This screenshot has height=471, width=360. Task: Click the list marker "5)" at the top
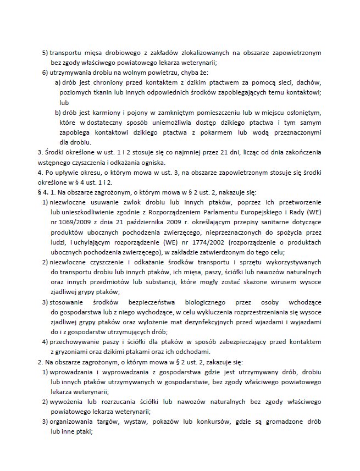point(45,53)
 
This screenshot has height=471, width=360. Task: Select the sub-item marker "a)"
point(58,82)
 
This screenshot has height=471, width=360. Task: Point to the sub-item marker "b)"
point(58,113)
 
